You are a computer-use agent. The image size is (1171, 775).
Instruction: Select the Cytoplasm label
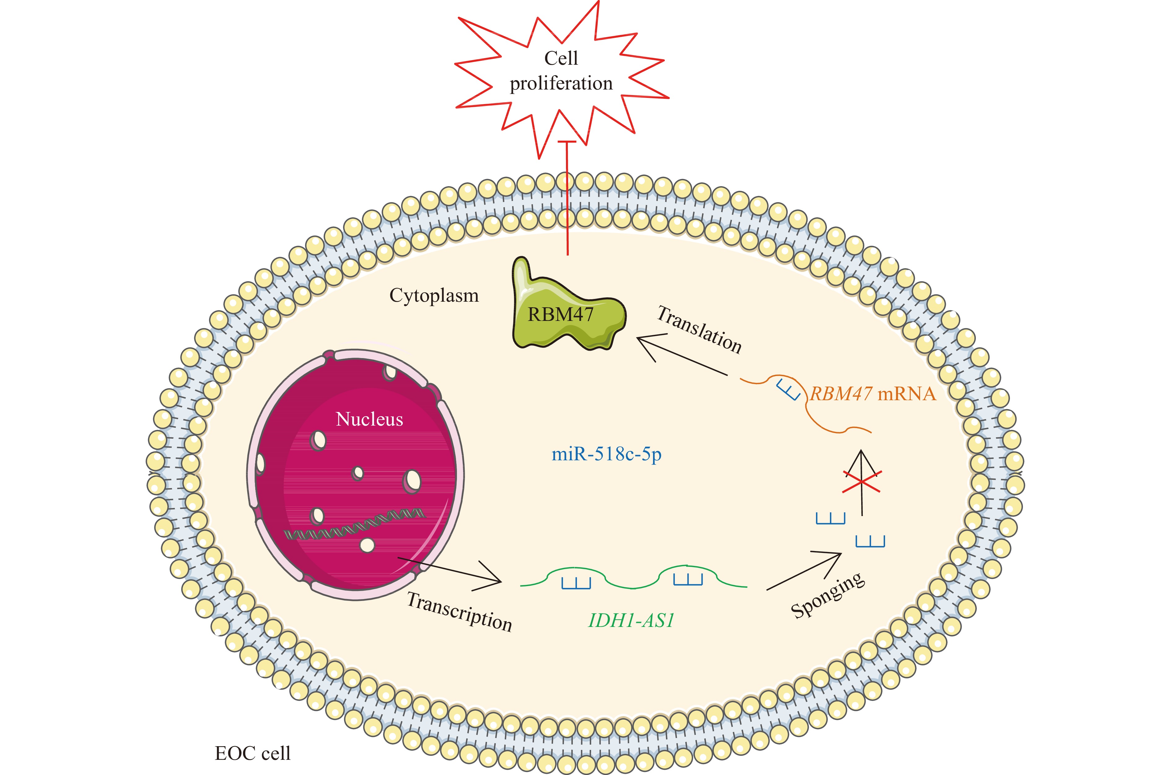[434, 296]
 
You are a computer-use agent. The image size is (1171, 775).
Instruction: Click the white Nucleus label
[369, 419]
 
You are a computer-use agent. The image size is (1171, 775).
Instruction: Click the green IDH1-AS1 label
[631, 620]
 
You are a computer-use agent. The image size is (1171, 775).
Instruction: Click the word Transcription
[459, 612]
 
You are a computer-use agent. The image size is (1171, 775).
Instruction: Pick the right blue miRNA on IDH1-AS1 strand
[688, 579]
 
